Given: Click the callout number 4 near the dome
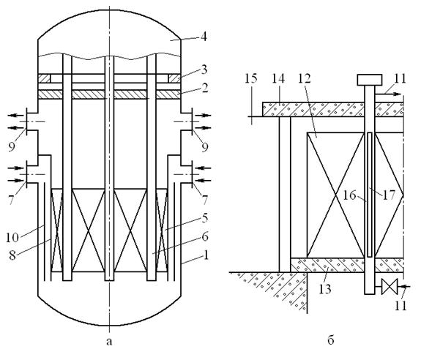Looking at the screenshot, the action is (x=204, y=37).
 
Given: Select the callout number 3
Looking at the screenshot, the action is (x=204, y=70).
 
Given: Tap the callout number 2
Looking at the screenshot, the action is (x=204, y=88).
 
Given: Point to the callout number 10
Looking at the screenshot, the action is (x=12, y=238).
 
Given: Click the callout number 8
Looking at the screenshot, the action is (x=12, y=255).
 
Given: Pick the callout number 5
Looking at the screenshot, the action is (x=204, y=218).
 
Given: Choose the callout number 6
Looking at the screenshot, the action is (x=204, y=236).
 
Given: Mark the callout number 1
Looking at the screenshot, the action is (x=206, y=255).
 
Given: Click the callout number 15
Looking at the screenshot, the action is (x=251, y=78).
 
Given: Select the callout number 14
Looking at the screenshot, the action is (x=278, y=78).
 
